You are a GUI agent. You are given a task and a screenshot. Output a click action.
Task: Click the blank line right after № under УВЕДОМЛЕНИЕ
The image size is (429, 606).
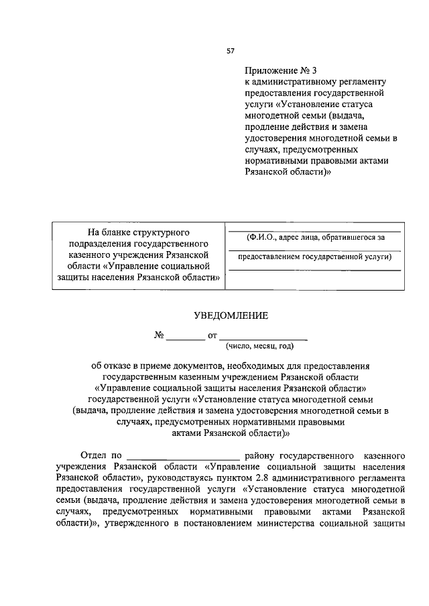(186, 339)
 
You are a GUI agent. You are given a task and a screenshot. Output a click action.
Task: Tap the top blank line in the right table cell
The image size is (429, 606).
(314, 230)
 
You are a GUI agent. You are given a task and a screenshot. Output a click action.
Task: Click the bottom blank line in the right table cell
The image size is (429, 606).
(314, 269)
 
